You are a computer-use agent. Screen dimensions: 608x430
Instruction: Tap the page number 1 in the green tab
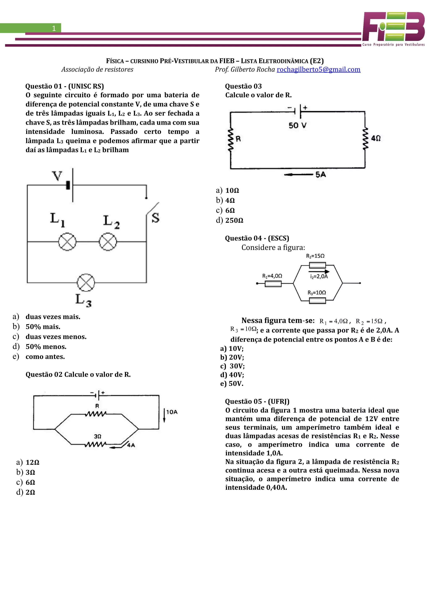[x=54, y=28]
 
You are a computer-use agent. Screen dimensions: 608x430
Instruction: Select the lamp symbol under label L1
[x=67, y=241]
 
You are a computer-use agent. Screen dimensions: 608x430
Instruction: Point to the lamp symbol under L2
[x=108, y=241]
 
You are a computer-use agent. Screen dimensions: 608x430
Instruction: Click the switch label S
[x=155, y=218]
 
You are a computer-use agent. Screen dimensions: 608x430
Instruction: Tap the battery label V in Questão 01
[x=57, y=176]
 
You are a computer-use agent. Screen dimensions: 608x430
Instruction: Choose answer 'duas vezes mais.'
[x=53, y=317]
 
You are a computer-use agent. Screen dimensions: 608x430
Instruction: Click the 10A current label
[x=172, y=412]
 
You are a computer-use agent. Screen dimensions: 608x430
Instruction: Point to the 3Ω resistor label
[x=97, y=436]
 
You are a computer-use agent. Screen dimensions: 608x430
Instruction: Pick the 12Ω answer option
[x=32, y=462]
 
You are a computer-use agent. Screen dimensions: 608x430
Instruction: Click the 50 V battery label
[x=297, y=125]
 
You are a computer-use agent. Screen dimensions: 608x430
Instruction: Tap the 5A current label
[x=320, y=174]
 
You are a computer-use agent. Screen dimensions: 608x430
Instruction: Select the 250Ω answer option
[x=234, y=220]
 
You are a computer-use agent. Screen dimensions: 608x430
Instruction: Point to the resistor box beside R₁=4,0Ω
[x=273, y=284]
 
